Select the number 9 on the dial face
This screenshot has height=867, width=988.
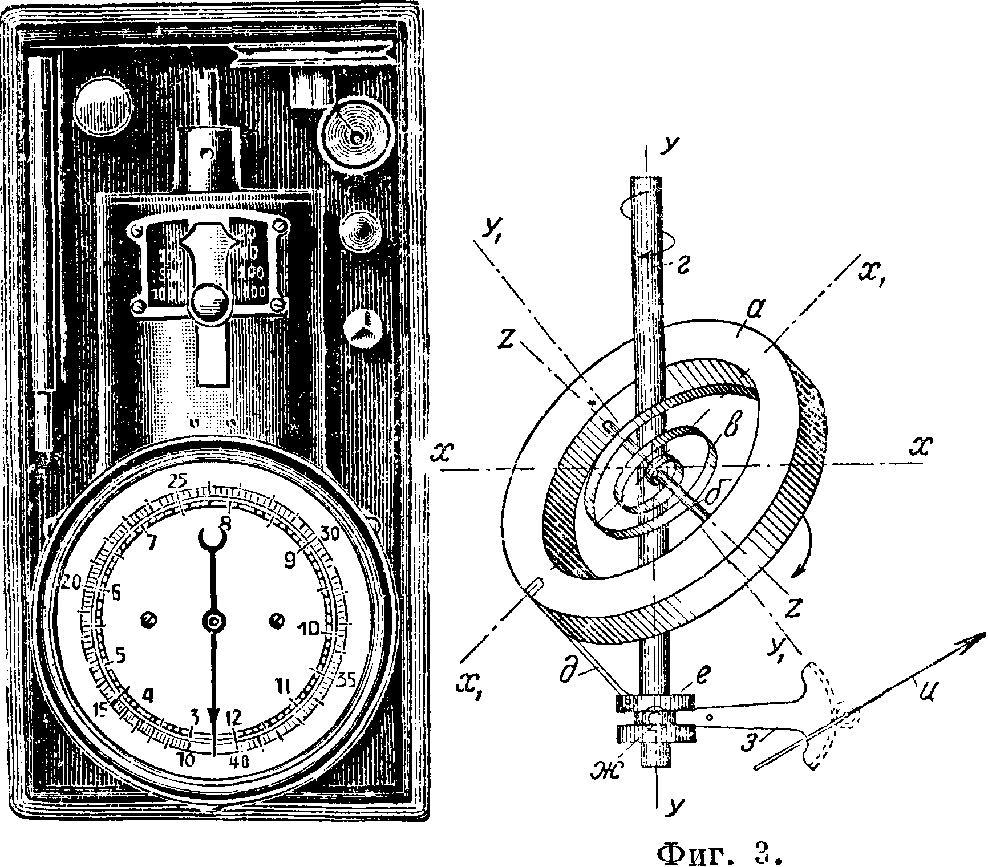pos(290,561)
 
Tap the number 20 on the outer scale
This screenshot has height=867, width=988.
pos(72,582)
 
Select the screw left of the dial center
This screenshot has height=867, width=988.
pos(149,619)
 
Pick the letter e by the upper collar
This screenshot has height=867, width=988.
pos(687,678)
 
